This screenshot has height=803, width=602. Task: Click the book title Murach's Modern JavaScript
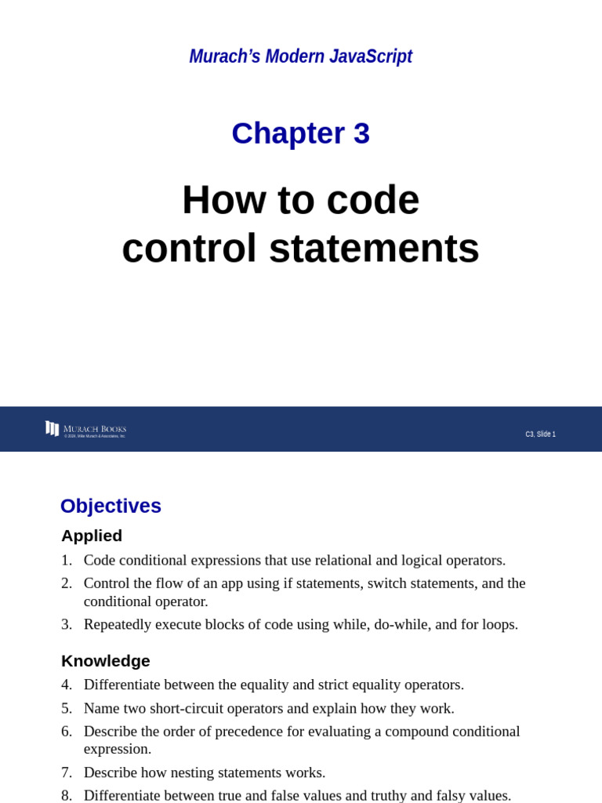pos(300,56)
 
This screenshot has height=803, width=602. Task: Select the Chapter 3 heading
pos(300,133)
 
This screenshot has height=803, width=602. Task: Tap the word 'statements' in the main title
pos(374,248)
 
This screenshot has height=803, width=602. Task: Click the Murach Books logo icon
pos(52,428)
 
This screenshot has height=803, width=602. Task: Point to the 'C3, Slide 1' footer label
pos(540,434)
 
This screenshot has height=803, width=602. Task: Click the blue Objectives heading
pos(111,506)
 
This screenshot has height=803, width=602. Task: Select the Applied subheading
pos(92,536)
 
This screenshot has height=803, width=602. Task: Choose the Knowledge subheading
pos(105,661)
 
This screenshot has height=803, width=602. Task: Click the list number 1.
pos(66,561)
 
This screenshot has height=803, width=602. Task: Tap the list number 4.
pos(66,685)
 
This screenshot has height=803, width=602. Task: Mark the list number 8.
pos(66,795)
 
